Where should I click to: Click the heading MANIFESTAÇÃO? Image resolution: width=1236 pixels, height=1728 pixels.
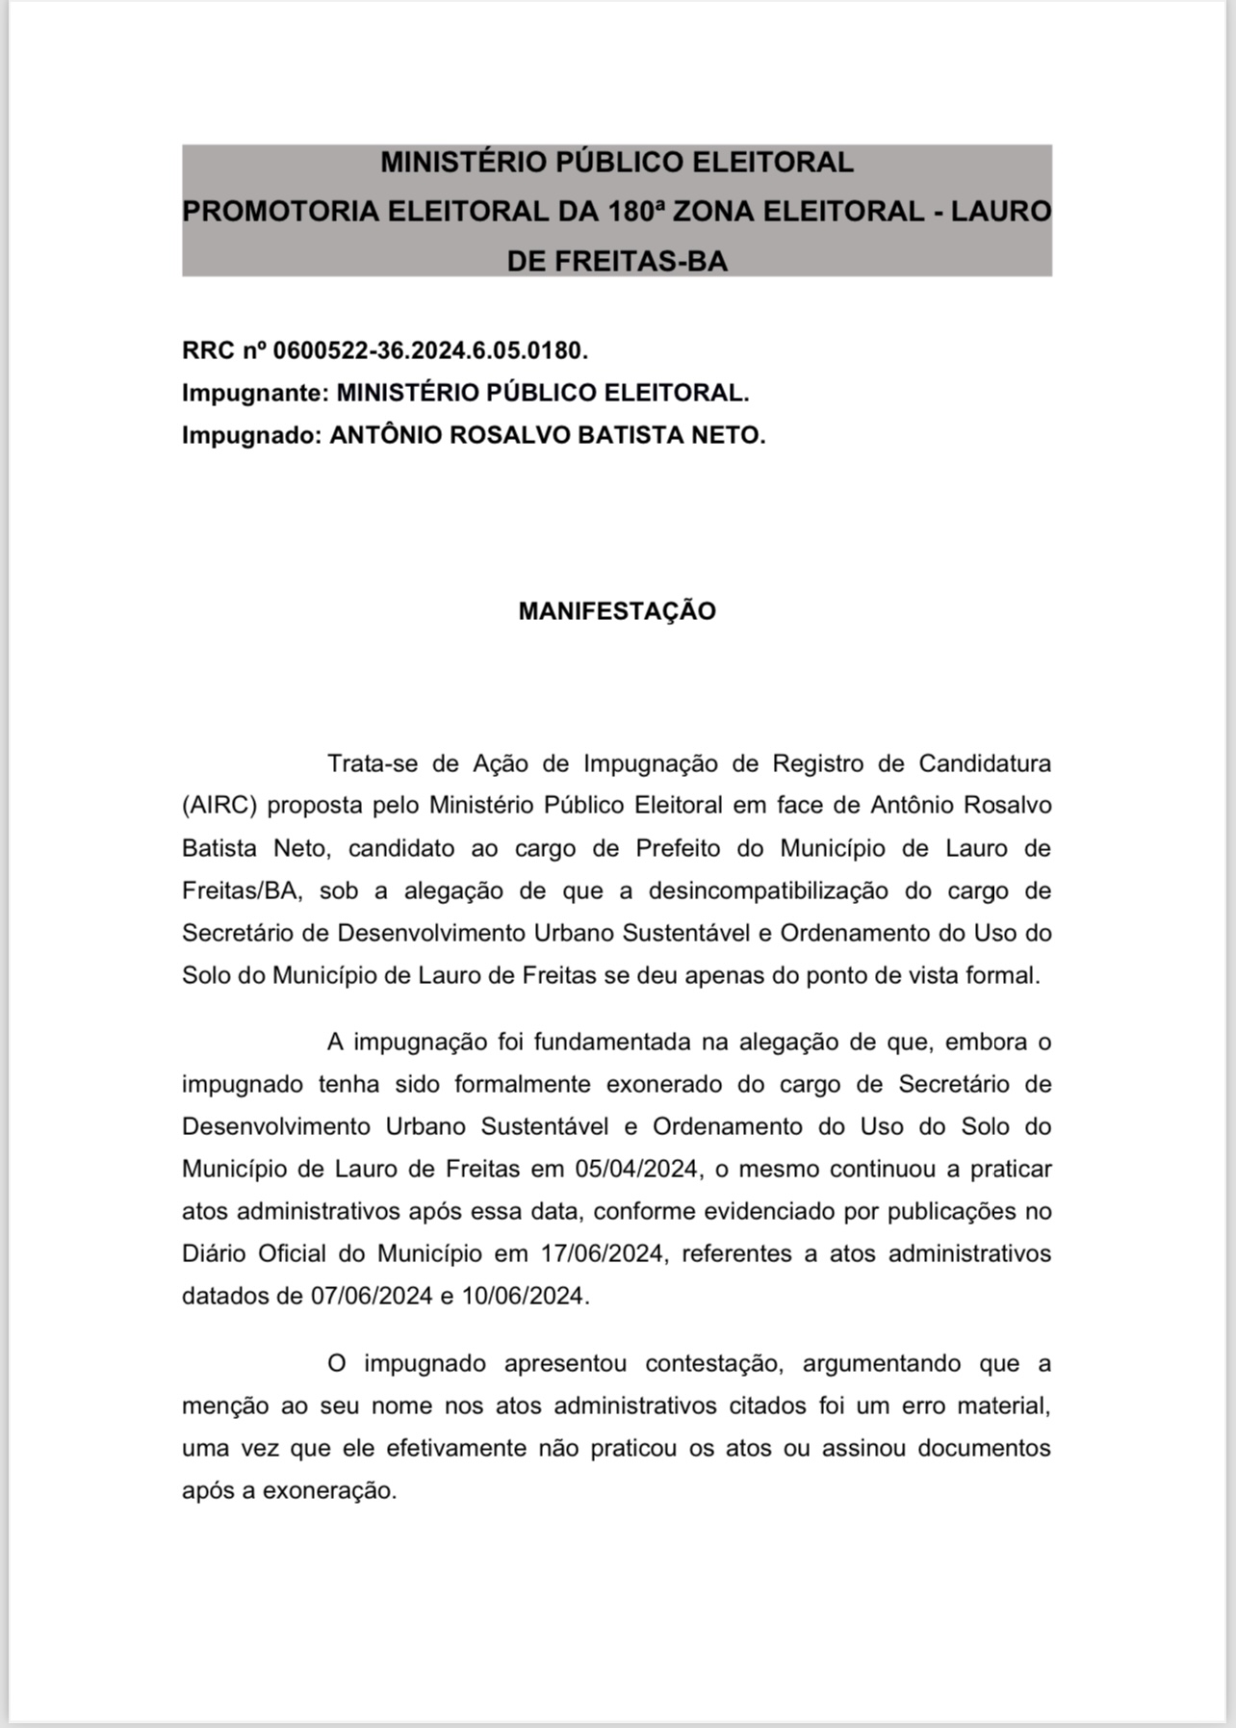(617, 611)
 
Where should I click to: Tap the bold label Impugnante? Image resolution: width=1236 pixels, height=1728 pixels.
(256, 393)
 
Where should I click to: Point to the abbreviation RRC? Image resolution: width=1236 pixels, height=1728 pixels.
(208, 350)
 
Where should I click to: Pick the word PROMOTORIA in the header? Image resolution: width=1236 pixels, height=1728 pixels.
(281, 211)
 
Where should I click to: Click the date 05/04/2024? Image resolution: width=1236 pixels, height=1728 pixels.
(636, 1169)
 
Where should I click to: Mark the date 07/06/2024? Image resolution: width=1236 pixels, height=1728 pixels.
(372, 1296)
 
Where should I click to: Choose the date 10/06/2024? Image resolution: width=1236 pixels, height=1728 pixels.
(523, 1296)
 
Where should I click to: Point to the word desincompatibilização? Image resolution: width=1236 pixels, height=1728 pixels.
(768, 890)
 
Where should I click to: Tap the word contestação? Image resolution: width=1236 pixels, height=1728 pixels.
(711, 1363)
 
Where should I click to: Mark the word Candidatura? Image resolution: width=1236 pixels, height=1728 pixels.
(985, 763)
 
